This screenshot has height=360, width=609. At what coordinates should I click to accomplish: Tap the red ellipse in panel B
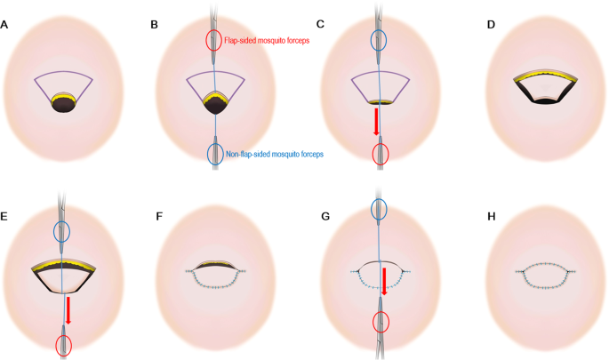[214, 40]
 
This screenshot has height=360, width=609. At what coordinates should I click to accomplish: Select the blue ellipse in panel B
[214, 154]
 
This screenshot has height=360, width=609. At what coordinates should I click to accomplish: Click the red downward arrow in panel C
[377, 122]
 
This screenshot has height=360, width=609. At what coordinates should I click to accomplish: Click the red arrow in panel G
[383, 280]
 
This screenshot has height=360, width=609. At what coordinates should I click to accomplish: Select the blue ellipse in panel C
[380, 39]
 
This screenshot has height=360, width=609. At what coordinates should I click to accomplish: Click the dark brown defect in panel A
[63, 104]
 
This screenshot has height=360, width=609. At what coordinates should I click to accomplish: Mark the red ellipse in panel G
[381, 320]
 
